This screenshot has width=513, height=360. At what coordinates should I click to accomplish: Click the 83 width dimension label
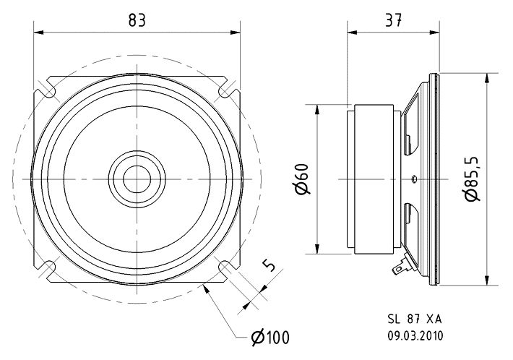click(137, 20)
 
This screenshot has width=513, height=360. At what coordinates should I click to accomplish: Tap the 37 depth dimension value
click(393, 20)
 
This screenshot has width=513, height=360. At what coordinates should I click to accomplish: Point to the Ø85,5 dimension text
click(473, 179)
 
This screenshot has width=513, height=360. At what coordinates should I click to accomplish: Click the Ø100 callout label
click(270, 337)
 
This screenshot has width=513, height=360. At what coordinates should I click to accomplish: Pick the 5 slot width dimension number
click(269, 265)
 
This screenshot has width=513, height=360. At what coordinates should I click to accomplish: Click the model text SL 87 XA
click(415, 319)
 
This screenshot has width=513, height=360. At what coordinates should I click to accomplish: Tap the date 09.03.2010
click(415, 335)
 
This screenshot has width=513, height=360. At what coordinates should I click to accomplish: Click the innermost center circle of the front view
click(137, 166)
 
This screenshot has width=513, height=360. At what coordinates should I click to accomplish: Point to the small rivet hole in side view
click(413, 179)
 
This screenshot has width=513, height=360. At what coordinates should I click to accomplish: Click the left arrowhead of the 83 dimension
click(38, 33)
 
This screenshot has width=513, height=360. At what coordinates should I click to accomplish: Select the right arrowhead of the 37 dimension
click(434, 33)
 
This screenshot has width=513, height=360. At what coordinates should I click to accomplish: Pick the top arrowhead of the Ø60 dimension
click(316, 110)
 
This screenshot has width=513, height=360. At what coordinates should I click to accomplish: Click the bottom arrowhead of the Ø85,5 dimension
click(487, 280)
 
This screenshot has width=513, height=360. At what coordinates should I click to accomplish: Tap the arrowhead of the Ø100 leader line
click(206, 288)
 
